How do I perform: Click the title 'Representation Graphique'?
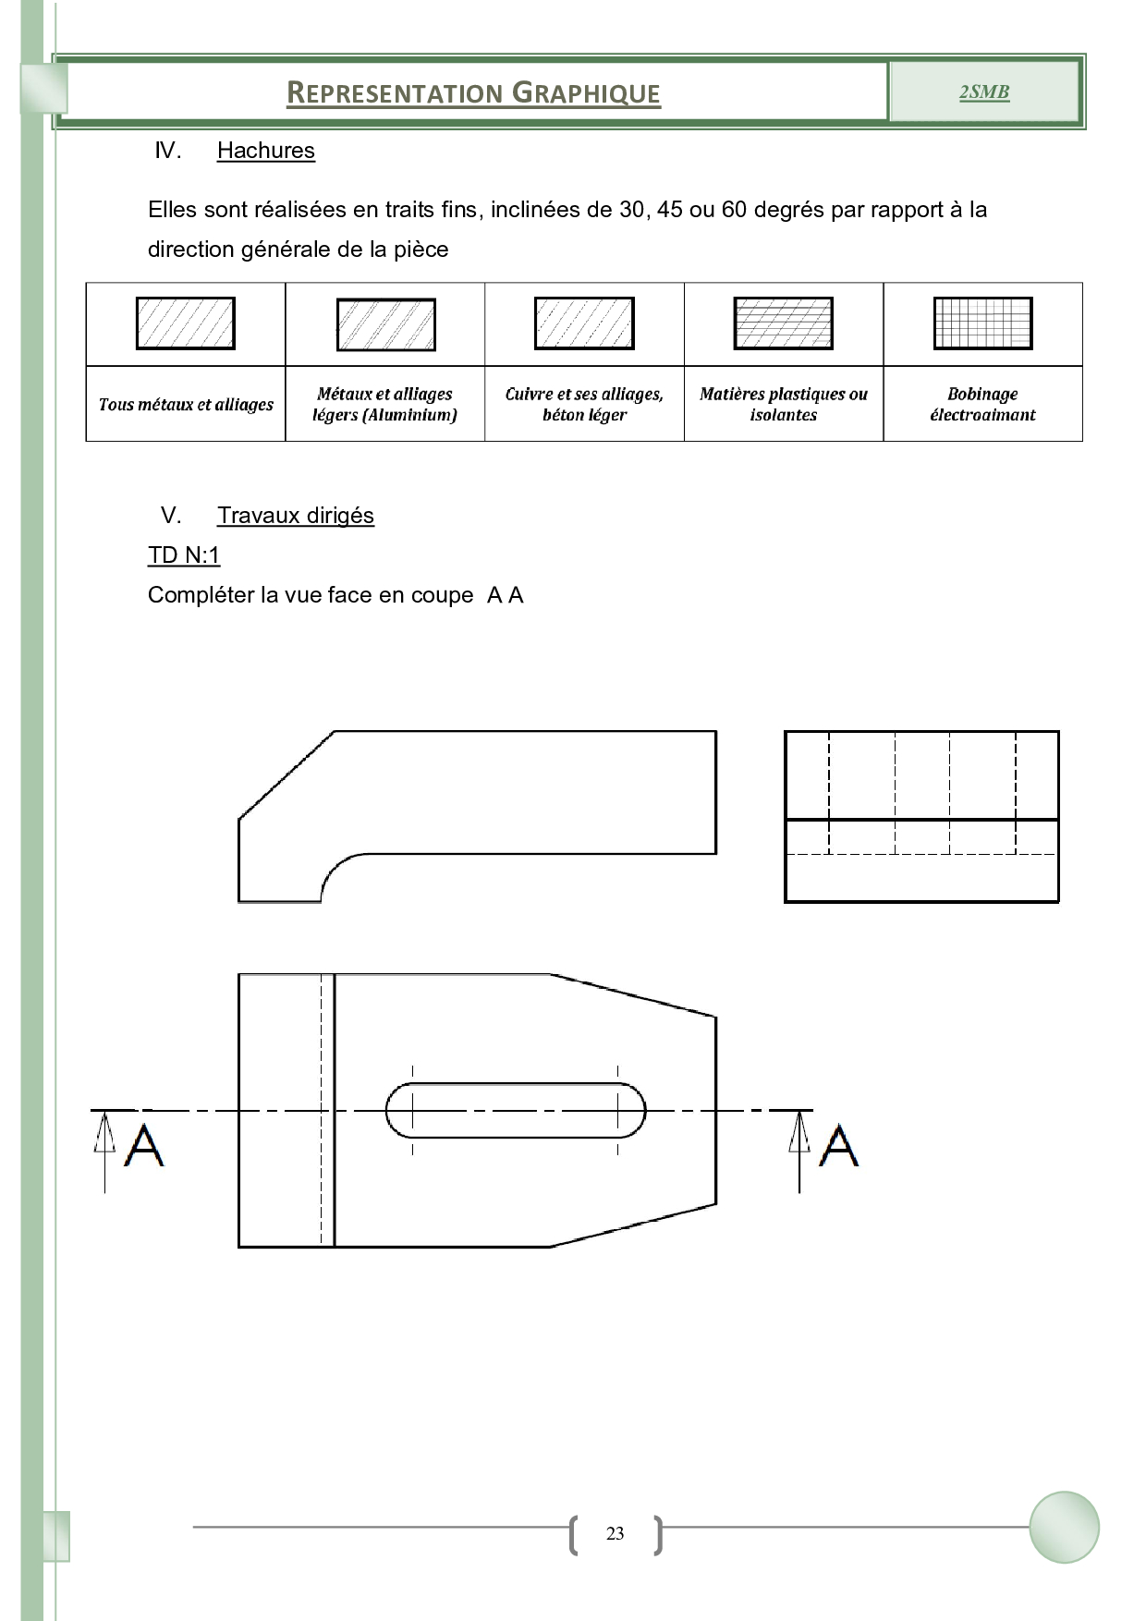[x=473, y=93]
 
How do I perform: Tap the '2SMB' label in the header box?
[x=983, y=91]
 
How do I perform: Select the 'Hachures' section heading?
[x=265, y=151]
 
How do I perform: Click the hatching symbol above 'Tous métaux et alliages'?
[x=186, y=323]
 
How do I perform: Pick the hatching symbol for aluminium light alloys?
[x=385, y=324]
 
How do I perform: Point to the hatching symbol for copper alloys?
[x=584, y=323]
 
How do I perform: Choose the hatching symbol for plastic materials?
[x=783, y=323]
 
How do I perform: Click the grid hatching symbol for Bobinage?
[x=982, y=323]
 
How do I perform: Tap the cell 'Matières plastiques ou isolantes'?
[x=783, y=404]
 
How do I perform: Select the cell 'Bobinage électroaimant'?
[x=982, y=404]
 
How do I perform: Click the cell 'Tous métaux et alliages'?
[x=186, y=404]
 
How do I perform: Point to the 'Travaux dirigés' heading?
[x=295, y=516]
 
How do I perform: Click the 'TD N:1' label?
[x=184, y=555]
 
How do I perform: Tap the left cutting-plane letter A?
[x=144, y=1146]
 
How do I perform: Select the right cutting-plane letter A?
[x=839, y=1146]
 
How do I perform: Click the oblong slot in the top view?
[x=515, y=1110]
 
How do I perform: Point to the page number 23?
[x=615, y=1534]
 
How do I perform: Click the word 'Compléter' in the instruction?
[x=201, y=595]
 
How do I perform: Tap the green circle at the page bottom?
[x=1064, y=1527]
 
